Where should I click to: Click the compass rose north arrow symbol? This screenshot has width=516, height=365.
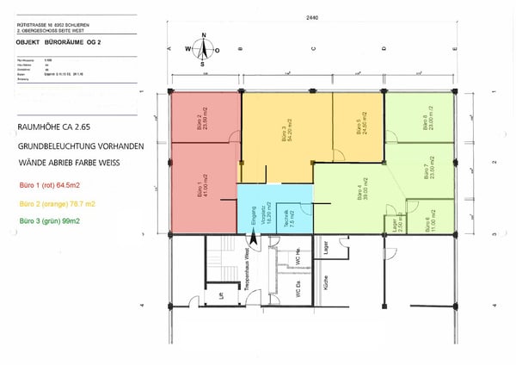coord(203,49)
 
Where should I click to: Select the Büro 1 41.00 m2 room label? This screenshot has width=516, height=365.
coord(202,186)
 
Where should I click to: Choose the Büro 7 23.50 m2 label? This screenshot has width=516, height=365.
coord(427,173)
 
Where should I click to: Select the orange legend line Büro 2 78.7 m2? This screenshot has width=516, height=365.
coord(53,203)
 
